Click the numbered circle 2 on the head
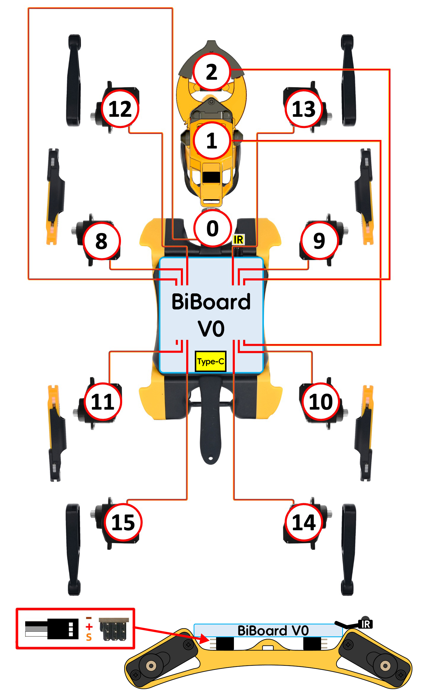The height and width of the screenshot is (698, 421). pos(211,72)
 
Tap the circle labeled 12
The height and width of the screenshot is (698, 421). pos(120,109)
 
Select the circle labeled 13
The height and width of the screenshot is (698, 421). pos(304,109)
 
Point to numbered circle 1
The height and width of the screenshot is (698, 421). pos(212,140)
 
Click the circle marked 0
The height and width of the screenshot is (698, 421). pos(212,228)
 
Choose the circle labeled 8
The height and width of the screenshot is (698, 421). pos(101,241)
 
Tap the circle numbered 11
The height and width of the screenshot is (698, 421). pos(103,402)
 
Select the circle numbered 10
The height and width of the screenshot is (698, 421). pos(321,402)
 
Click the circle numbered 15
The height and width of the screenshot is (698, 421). pos(123,522)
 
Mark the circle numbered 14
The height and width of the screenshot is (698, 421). pos(304,522)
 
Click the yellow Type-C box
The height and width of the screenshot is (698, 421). pos(210,361)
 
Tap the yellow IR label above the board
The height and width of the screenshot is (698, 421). pos(238,239)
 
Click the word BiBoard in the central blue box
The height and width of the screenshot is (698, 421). pos(211,302)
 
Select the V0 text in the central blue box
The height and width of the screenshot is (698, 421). pos(211,328)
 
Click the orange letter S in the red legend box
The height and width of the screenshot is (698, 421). pos(89,637)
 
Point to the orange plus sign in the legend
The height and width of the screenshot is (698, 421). pos(89,627)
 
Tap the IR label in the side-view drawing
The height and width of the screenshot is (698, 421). pos(366,624)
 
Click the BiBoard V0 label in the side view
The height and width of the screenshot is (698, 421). pos(273,630)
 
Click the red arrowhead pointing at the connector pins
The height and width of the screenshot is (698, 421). pos(205,640)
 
